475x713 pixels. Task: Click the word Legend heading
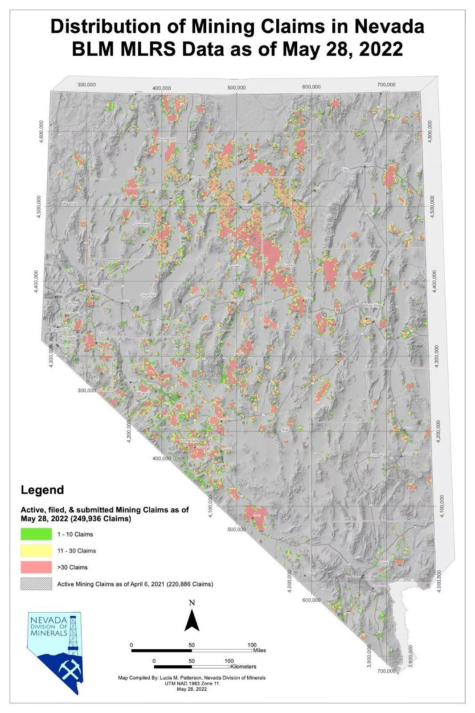pyautogui.click(x=42, y=490)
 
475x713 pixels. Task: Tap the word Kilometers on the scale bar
pyautogui.click(x=243, y=667)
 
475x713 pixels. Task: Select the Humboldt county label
pyautogui.click(x=168, y=139)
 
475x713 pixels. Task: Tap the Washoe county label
pyautogui.click(x=70, y=203)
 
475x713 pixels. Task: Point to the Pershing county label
pyautogui.click(x=143, y=225)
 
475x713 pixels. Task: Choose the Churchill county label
pyautogui.click(x=148, y=295)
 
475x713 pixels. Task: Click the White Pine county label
pyautogui.click(x=372, y=306)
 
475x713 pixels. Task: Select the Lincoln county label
pyautogui.click(x=377, y=455)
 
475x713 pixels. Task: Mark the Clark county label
pyautogui.click(x=384, y=563)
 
